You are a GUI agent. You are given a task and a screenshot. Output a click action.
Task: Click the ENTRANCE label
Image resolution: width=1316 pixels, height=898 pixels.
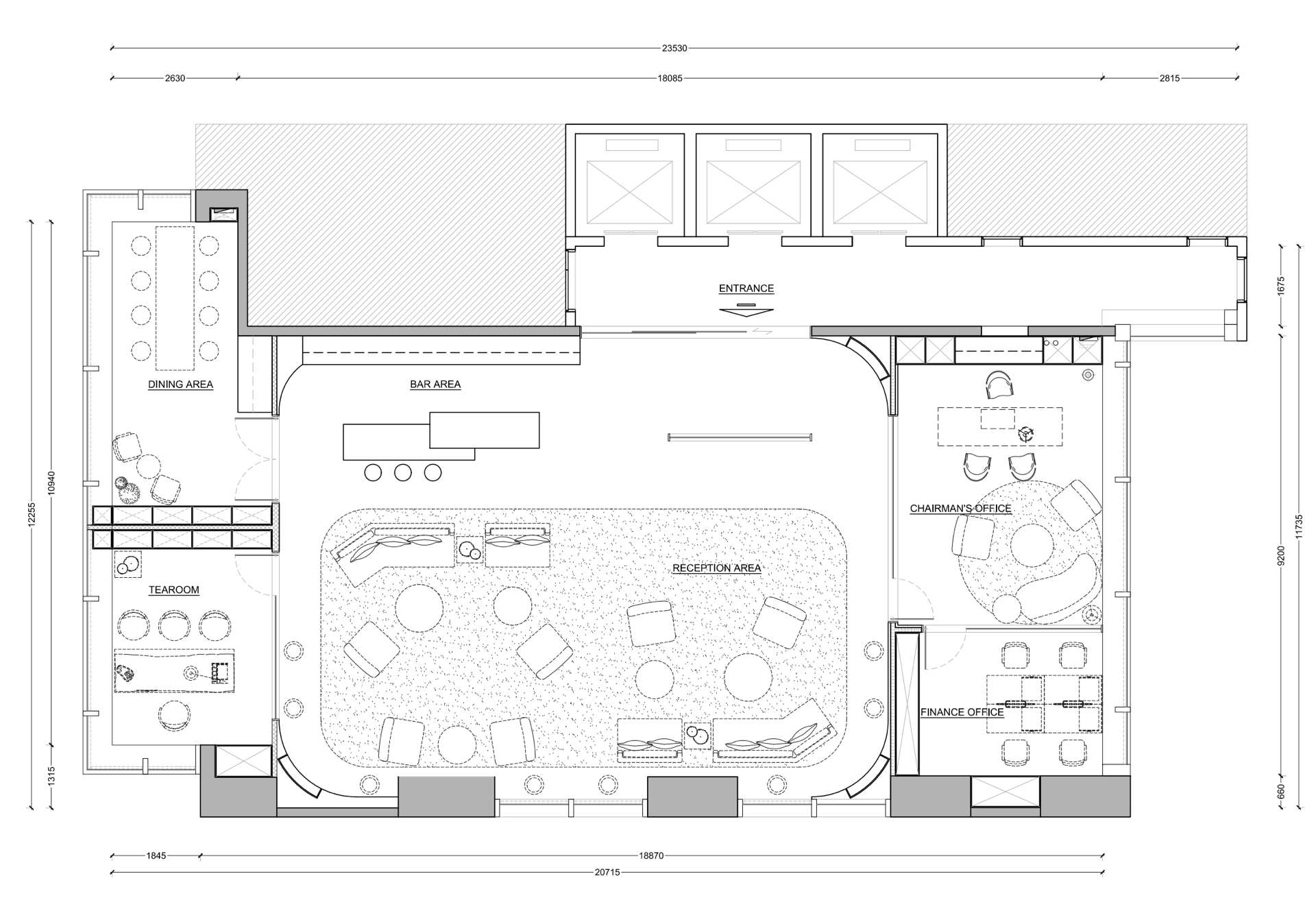coord(746,289)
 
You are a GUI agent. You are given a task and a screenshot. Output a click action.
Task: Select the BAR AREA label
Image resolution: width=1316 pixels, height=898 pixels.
coord(435,385)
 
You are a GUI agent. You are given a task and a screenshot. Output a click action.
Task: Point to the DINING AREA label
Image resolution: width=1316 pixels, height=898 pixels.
coord(180,385)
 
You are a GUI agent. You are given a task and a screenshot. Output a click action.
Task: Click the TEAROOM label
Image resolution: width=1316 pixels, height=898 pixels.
coord(174,590)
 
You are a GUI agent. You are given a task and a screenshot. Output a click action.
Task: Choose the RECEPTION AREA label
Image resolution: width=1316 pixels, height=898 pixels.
coord(716,568)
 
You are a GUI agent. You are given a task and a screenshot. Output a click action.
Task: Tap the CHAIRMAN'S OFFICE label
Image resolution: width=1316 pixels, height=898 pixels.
coord(960,509)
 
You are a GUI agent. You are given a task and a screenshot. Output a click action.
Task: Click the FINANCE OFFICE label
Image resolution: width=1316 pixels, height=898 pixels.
coord(962,712)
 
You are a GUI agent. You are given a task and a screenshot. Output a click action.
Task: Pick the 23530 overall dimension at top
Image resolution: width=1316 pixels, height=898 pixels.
coord(674,49)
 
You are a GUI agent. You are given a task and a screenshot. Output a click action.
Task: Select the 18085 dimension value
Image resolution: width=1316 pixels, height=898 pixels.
coord(670,78)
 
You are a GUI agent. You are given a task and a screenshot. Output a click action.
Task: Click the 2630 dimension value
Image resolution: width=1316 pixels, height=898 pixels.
coord(175,78)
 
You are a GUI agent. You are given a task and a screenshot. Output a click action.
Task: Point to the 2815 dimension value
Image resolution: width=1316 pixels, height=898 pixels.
coord(1169,78)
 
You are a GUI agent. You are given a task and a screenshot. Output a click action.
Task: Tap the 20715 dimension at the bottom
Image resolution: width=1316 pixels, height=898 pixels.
coord(607,873)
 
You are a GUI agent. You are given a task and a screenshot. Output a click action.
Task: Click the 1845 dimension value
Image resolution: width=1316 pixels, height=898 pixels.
coord(156,856)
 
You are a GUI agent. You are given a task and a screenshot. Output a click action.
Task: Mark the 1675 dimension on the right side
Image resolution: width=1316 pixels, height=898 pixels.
coord(1281,286)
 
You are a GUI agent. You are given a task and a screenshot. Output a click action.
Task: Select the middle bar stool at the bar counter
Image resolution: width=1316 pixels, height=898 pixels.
coord(403,472)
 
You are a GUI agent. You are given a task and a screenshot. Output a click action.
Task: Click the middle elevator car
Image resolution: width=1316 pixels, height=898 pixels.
coord(753,184)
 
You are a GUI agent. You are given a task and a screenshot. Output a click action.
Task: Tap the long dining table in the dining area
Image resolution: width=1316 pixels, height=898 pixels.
coord(175,298)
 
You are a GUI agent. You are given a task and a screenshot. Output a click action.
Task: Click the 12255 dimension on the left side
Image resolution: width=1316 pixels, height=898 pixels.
coord(32,514)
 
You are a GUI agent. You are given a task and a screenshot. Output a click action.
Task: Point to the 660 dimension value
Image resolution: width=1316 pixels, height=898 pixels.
coord(1281,792)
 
